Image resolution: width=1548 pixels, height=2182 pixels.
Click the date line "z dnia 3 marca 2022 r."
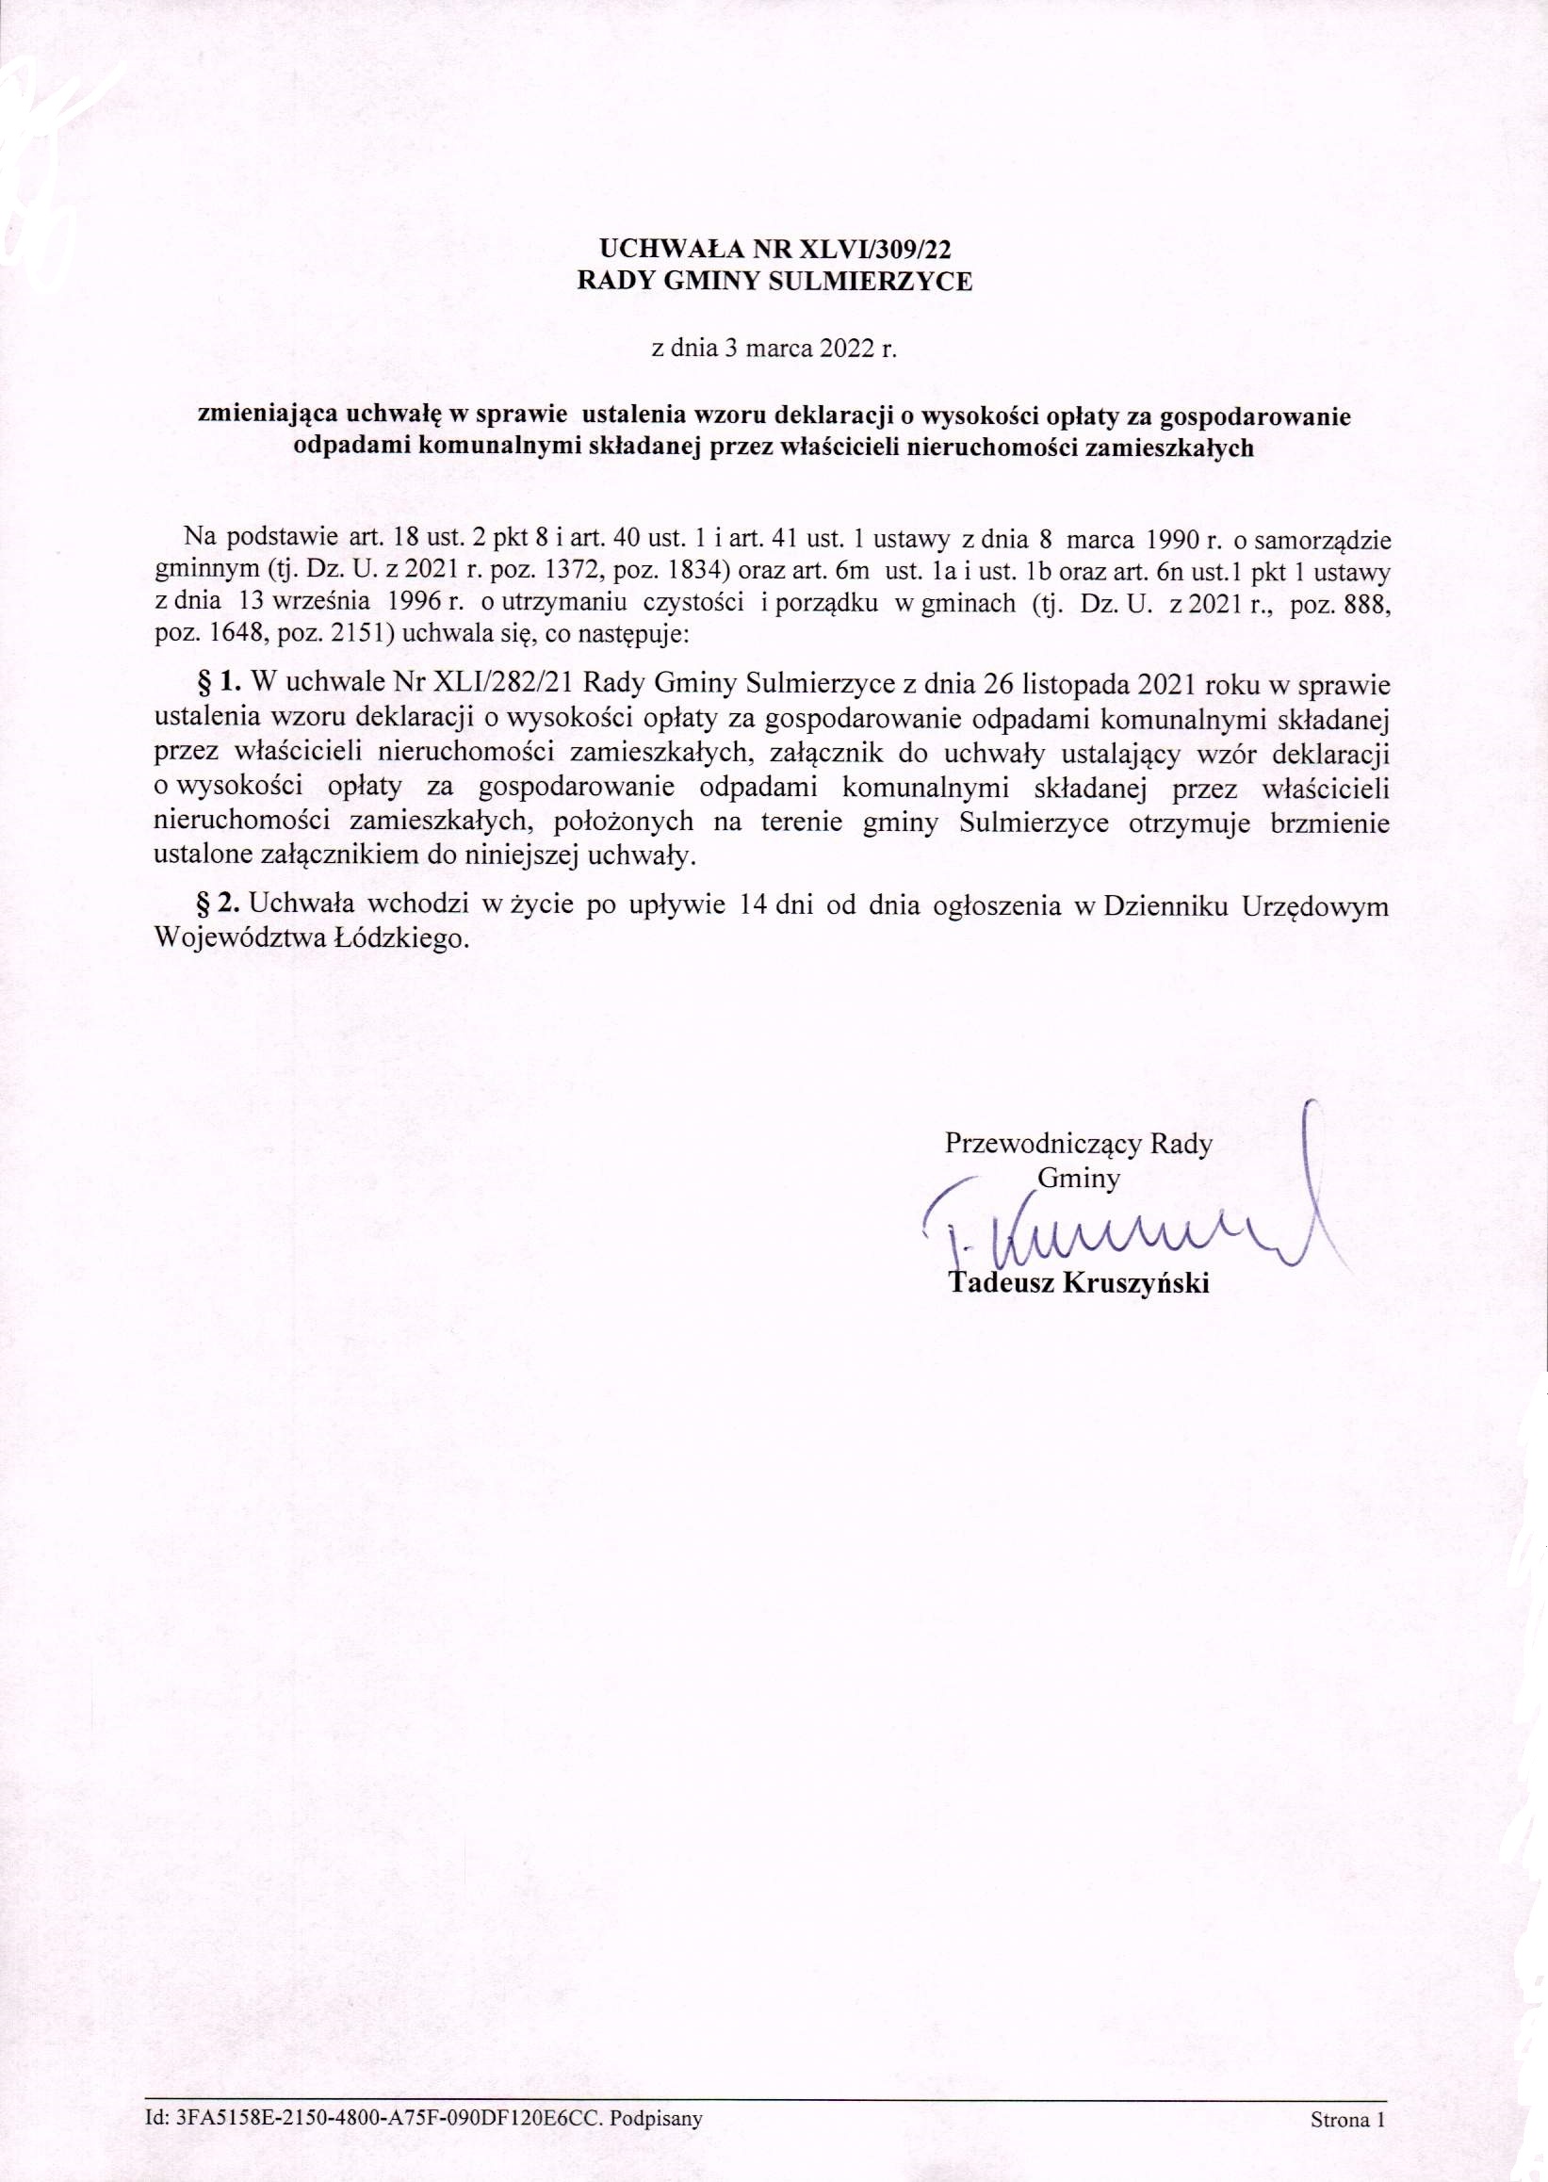point(774,348)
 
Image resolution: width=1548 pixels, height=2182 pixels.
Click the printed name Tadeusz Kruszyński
point(1079,1283)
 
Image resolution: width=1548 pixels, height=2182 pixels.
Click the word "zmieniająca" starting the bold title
point(255,415)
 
